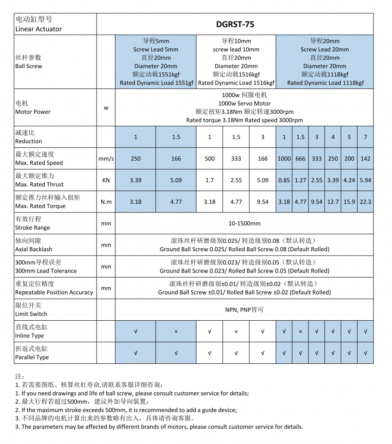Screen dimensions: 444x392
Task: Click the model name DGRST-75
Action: click(235, 24)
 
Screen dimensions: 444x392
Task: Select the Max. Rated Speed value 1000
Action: click(284, 159)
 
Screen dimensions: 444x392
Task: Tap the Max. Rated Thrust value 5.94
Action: click(365, 180)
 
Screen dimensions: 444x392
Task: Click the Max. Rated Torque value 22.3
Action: click(365, 202)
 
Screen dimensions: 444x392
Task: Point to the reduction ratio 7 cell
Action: click(365, 137)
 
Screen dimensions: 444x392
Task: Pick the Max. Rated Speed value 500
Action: click(209, 159)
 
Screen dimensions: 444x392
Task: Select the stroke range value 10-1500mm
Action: click(244, 223)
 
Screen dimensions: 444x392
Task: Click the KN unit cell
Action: click(106, 180)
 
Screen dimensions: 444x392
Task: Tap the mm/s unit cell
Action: click(106, 159)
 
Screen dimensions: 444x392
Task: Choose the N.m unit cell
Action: click(106, 202)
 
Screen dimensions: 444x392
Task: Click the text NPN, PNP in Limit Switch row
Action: click(244, 310)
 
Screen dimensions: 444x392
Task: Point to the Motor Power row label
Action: click(33, 112)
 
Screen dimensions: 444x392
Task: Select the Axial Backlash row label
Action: click(34, 249)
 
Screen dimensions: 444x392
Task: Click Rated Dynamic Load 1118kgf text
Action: click(325, 83)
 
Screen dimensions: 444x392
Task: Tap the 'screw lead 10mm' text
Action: click(236, 50)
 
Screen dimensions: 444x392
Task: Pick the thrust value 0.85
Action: click(284, 180)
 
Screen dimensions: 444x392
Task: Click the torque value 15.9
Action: click(349, 202)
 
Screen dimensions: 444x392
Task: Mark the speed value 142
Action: click(365, 159)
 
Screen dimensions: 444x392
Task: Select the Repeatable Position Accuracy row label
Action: click(54, 292)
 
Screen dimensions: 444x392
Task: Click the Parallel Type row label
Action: click(32, 357)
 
